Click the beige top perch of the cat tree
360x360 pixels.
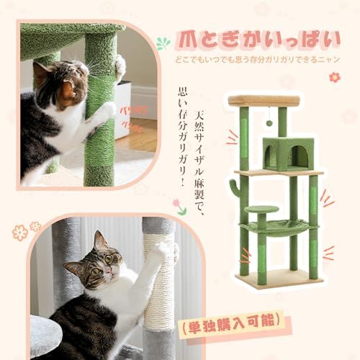[x=264, y=101]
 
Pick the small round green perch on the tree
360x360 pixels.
[x=261, y=210]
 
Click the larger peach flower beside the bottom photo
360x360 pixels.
[x=19, y=233]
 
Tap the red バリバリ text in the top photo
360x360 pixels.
[x=128, y=112]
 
